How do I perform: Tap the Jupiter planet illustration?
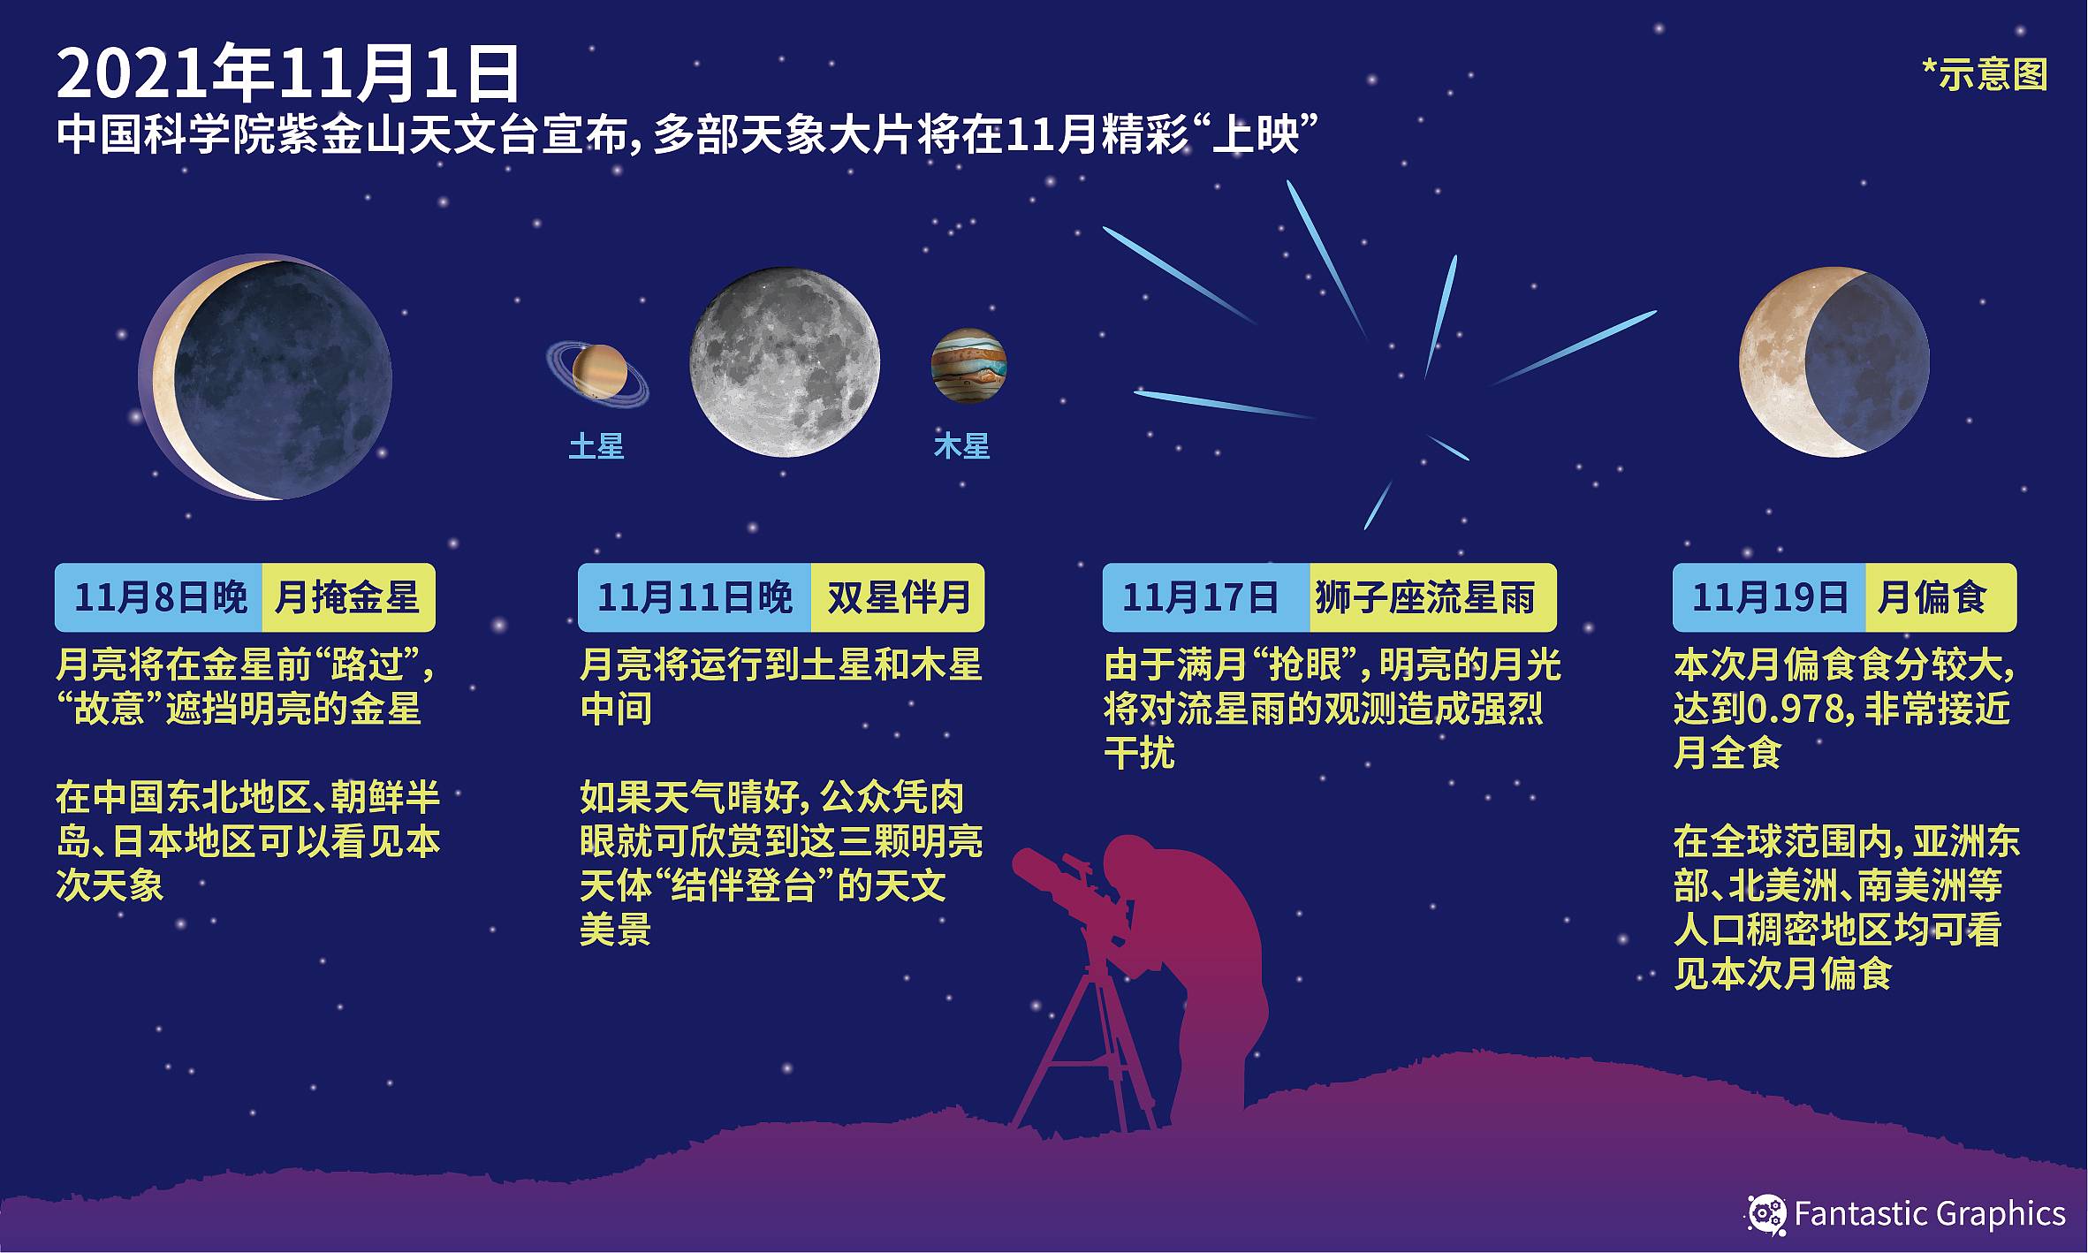pyautogui.click(x=969, y=366)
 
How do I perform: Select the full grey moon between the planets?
pyautogui.click(x=785, y=362)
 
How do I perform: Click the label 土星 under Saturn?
pyautogui.click(x=596, y=446)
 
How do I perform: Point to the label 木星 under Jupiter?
pyautogui.click(x=962, y=446)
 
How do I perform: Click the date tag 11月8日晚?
pyautogui.click(x=159, y=597)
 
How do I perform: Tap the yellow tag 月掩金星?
pyautogui.click(x=348, y=597)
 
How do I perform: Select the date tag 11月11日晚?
pyautogui.click(x=695, y=597)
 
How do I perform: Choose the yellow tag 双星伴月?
pyautogui.click(x=898, y=597)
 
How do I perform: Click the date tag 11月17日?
pyautogui.click(x=1206, y=597)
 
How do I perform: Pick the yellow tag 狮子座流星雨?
pyautogui.click(x=1433, y=597)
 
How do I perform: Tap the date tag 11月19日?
pyautogui.click(x=1769, y=597)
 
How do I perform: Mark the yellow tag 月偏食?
pyautogui.click(x=1941, y=597)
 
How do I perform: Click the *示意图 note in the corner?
pyautogui.click(x=1985, y=75)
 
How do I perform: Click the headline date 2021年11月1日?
pyautogui.click(x=288, y=76)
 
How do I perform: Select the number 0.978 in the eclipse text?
pyautogui.click(x=1796, y=710)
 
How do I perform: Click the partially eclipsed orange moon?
pyautogui.click(x=1834, y=362)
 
